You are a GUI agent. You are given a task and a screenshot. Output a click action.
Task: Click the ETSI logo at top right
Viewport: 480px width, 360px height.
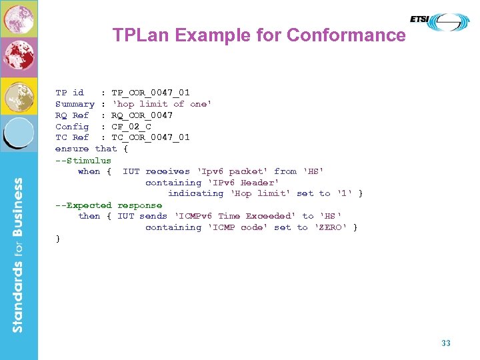[x=439, y=21]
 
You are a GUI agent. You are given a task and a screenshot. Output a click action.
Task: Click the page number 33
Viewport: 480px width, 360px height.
[x=446, y=343]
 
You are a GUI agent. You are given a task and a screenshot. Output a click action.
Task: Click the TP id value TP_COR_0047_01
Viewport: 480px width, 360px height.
[x=151, y=93]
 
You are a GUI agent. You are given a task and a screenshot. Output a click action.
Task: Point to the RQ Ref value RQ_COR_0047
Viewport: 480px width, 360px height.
[x=142, y=115]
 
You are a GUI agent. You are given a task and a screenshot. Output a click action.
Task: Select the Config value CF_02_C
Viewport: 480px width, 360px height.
[x=131, y=127]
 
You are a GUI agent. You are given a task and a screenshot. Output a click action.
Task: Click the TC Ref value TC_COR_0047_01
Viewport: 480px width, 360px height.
[x=151, y=137]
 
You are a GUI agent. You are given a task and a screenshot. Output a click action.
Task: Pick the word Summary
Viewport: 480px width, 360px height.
[x=75, y=104]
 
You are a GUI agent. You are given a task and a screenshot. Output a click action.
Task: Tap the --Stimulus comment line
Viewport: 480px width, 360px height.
[x=83, y=160]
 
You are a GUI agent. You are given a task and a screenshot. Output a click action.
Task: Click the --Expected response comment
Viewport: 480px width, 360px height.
[x=109, y=205]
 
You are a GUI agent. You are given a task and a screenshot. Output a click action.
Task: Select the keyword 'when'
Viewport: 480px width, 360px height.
[x=89, y=171]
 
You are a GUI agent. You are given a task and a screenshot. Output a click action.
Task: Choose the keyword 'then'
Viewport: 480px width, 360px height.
[x=89, y=216]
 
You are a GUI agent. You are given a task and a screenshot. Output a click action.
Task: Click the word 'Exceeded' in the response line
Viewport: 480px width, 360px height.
[x=270, y=216]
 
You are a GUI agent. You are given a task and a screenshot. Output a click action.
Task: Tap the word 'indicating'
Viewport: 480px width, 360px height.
[x=195, y=193]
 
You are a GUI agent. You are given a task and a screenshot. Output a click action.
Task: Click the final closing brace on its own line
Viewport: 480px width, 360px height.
[x=58, y=239]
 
